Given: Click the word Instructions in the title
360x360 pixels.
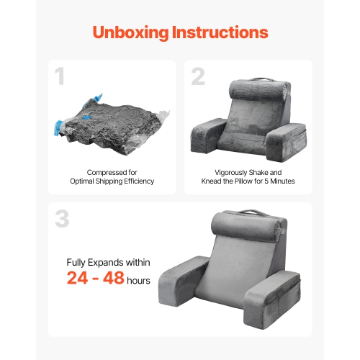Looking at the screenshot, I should click(223, 32).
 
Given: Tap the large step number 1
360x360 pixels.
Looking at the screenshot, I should click(60, 77).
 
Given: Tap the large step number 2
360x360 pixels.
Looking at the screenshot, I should click(198, 77).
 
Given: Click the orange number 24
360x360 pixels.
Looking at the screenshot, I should click(81, 278).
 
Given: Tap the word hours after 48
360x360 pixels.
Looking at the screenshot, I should click(138, 280).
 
